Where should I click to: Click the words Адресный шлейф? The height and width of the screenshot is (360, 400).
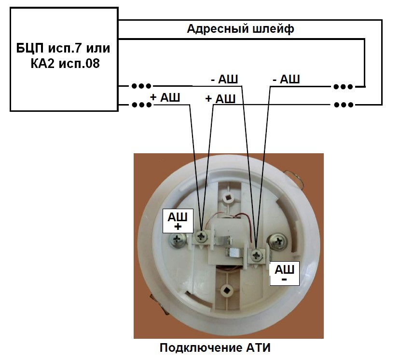[x=240, y=28]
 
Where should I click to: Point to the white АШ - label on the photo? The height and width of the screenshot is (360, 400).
[x=284, y=273]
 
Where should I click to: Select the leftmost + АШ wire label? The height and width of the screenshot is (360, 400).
[x=165, y=97]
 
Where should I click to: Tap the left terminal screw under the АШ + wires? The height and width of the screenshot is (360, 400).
[x=201, y=236]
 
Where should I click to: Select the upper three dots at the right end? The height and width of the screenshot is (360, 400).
[x=343, y=87]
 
